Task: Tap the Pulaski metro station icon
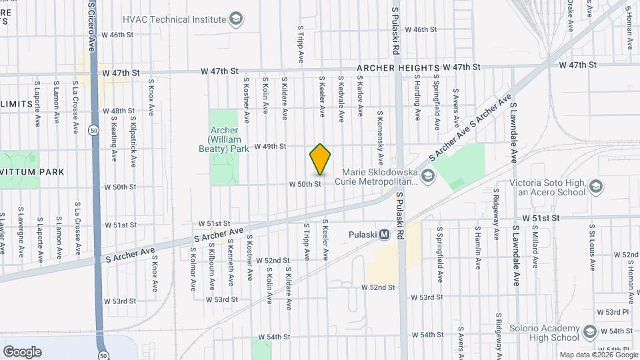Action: pyautogui.click(x=384, y=235)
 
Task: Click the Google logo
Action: pyautogui.click(x=22, y=351)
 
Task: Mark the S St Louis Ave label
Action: pyautogui.click(x=591, y=247)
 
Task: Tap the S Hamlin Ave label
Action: pyautogui.click(x=477, y=247)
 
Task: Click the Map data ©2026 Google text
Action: pyautogui.click(x=599, y=355)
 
